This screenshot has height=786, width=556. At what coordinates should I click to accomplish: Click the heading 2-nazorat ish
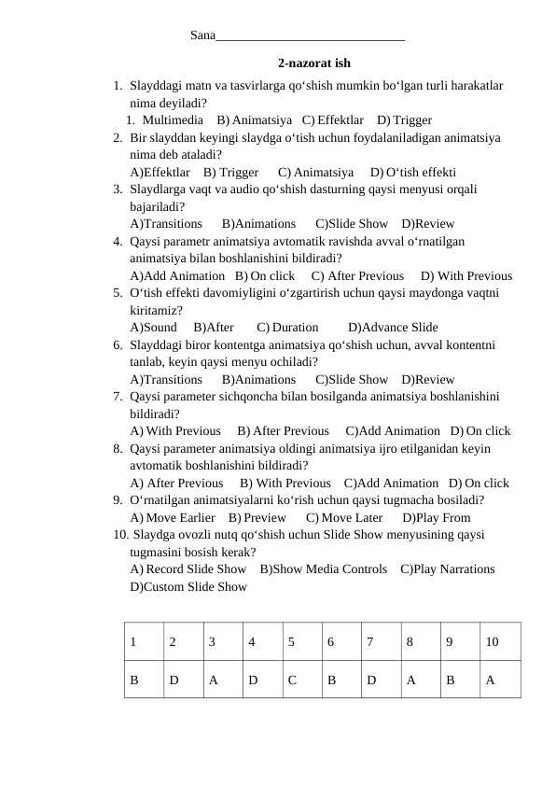pos(314,63)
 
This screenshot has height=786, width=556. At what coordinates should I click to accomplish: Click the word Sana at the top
pos(202,35)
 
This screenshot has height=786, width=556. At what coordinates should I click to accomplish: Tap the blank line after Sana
pos(310,37)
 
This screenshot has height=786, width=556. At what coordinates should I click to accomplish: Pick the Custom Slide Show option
pos(188,587)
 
